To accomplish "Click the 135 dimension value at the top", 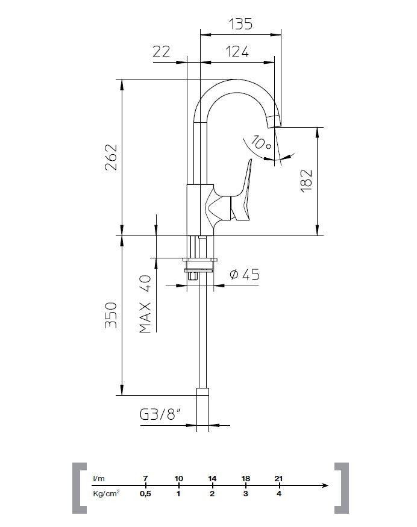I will click(x=240, y=24).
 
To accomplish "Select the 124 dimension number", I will click(x=237, y=52).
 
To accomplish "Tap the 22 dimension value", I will click(x=161, y=52).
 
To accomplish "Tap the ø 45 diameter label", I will click(x=245, y=275).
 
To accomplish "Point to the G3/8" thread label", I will click(x=160, y=415).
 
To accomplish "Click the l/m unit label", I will click(x=98, y=478).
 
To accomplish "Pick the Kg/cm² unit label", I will click(x=105, y=494).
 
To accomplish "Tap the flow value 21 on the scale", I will click(x=278, y=478).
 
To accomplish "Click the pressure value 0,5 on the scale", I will click(x=145, y=494).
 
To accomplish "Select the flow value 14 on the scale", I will click(x=212, y=478).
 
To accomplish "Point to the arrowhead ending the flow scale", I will click(x=326, y=485).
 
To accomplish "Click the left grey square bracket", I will click(x=79, y=488).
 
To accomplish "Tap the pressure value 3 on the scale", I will click(x=245, y=494).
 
